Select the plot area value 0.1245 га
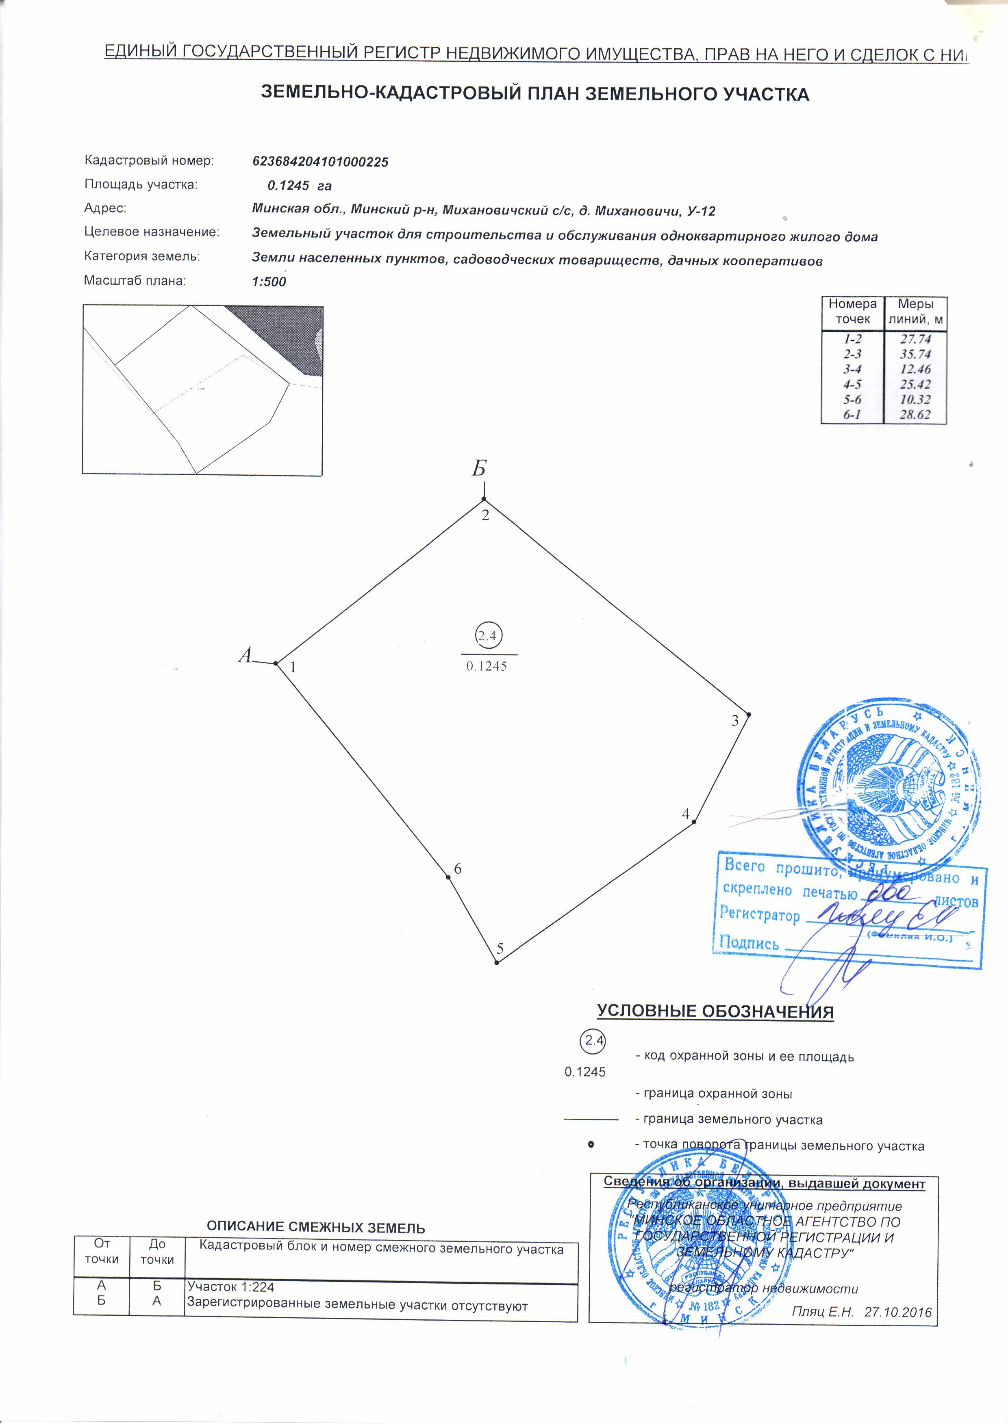click(300, 186)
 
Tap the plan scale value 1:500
click(269, 281)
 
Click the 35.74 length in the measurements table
click(915, 354)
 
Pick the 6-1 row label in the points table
click(852, 415)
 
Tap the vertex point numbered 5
click(497, 963)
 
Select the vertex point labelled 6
click(448, 877)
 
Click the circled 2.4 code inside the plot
click(488, 636)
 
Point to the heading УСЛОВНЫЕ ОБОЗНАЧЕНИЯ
click(715, 1011)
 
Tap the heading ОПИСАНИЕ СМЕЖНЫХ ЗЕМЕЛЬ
click(315, 1228)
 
